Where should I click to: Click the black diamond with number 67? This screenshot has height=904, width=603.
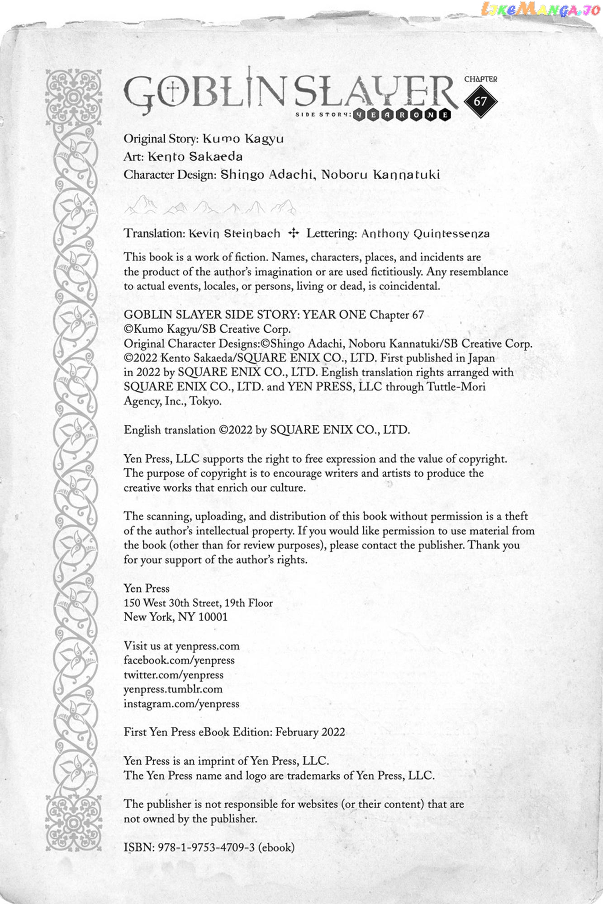point(480,101)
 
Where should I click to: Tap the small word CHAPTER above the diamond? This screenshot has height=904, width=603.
point(480,79)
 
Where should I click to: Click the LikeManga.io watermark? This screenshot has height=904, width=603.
point(540,9)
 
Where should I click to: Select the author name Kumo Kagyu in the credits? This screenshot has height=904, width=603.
point(243,139)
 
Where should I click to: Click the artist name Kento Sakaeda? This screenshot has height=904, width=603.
point(195,157)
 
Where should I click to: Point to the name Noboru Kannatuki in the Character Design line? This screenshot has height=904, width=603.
point(380,175)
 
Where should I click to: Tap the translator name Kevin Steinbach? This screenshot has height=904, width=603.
point(234,234)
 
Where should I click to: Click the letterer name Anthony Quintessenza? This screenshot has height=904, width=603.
point(425,234)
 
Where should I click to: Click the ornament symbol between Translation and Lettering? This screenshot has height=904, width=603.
point(294,233)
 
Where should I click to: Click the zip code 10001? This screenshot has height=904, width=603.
point(213,617)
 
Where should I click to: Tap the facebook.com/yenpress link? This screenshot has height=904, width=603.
point(179,660)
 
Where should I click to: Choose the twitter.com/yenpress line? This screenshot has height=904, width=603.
point(174,675)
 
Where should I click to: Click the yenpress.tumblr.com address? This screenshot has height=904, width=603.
point(173,689)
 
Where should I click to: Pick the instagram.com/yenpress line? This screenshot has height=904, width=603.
point(181,704)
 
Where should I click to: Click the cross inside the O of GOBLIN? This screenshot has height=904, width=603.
point(174,92)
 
